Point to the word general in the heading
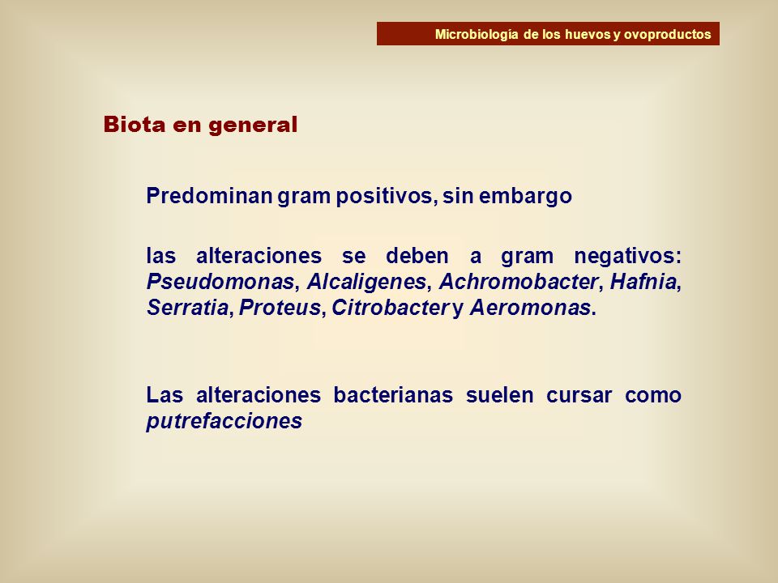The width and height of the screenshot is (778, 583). pyautogui.click(x=253, y=125)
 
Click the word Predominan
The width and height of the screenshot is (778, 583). pyautogui.click(x=209, y=196)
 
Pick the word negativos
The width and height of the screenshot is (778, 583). pyautogui.click(x=627, y=257)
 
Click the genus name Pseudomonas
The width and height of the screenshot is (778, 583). pyautogui.click(x=220, y=282)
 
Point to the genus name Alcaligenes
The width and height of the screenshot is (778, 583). pyautogui.click(x=366, y=282)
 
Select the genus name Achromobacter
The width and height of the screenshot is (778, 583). pyautogui.click(x=519, y=282)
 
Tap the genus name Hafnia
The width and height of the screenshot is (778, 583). pyautogui.click(x=643, y=282)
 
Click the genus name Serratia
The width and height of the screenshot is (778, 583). pyautogui.click(x=187, y=308)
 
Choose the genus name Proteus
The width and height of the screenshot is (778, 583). pyautogui.click(x=280, y=308)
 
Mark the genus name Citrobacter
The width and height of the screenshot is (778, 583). pyautogui.click(x=391, y=308)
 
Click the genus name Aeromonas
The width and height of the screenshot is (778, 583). pyautogui.click(x=530, y=308)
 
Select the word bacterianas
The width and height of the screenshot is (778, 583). pyautogui.click(x=393, y=395)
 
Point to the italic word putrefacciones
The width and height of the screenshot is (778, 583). pyautogui.click(x=224, y=421)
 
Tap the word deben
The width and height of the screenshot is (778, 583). pyautogui.click(x=417, y=256)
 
